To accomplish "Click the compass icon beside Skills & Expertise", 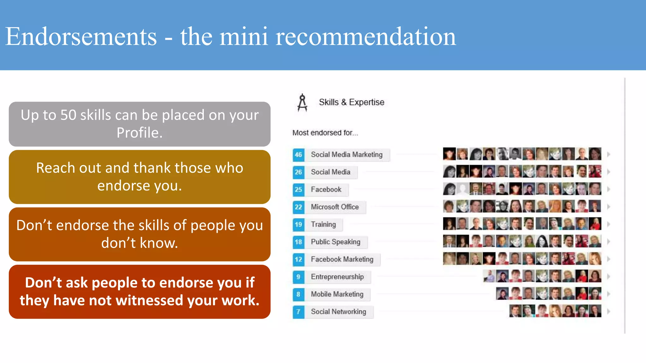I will (x=302, y=103).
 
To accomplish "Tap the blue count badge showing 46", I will (x=298, y=155).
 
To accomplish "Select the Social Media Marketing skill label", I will (x=347, y=155).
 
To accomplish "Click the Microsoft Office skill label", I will (x=335, y=207).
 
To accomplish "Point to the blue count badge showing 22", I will (x=298, y=207).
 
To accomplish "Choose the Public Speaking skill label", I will (x=335, y=242).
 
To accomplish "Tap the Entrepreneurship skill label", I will (x=337, y=277).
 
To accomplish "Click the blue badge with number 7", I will (x=298, y=312).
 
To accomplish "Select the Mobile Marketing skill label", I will (x=337, y=294).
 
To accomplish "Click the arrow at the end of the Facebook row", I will (x=608, y=189).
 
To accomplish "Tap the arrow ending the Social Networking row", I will (x=608, y=312).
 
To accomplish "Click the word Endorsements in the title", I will (x=81, y=37).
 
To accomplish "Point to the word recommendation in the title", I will (x=366, y=37).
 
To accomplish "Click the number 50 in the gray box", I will (x=68, y=115).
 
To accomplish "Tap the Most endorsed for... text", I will (x=325, y=133).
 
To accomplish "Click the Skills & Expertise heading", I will (x=351, y=102).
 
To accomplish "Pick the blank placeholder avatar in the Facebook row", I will (x=462, y=189).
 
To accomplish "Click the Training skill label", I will (x=323, y=224).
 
